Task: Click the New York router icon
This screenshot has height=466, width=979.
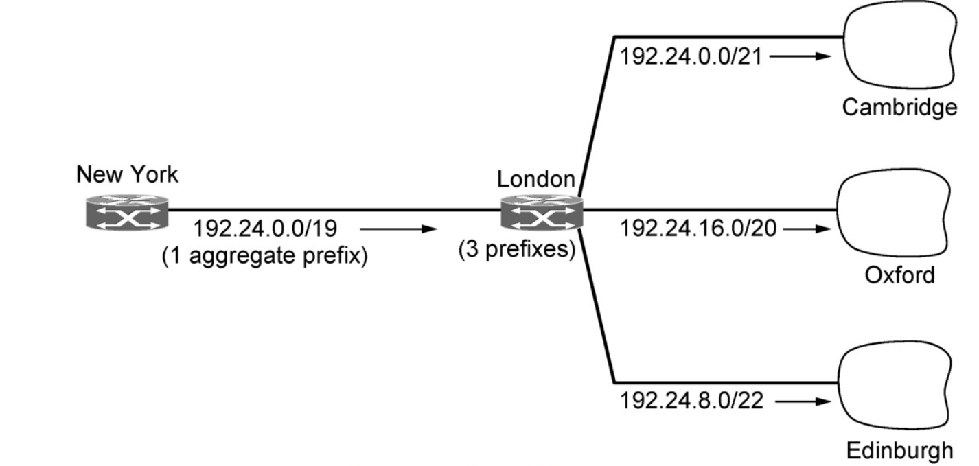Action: click(x=127, y=211)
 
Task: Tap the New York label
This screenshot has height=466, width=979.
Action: click(x=127, y=175)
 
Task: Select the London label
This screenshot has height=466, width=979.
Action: click(x=535, y=180)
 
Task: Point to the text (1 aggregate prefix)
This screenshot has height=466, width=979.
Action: click(x=265, y=256)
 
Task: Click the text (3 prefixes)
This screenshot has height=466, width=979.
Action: click(x=517, y=249)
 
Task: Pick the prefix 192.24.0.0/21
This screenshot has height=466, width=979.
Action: click(x=691, y=56)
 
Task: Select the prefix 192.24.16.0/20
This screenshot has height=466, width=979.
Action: click(x=698, y=229)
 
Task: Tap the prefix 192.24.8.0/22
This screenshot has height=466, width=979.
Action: click(x=691, y=401)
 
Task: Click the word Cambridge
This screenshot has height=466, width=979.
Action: click(x=899, y=107)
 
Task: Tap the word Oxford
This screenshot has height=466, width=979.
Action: click(x=899, y=275)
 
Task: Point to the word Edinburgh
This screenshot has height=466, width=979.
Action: click(x=899, y=450)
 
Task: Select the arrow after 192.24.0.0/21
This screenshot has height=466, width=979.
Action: click(x=801, y=56)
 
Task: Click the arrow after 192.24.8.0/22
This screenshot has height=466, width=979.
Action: click(x=801, y=401)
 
